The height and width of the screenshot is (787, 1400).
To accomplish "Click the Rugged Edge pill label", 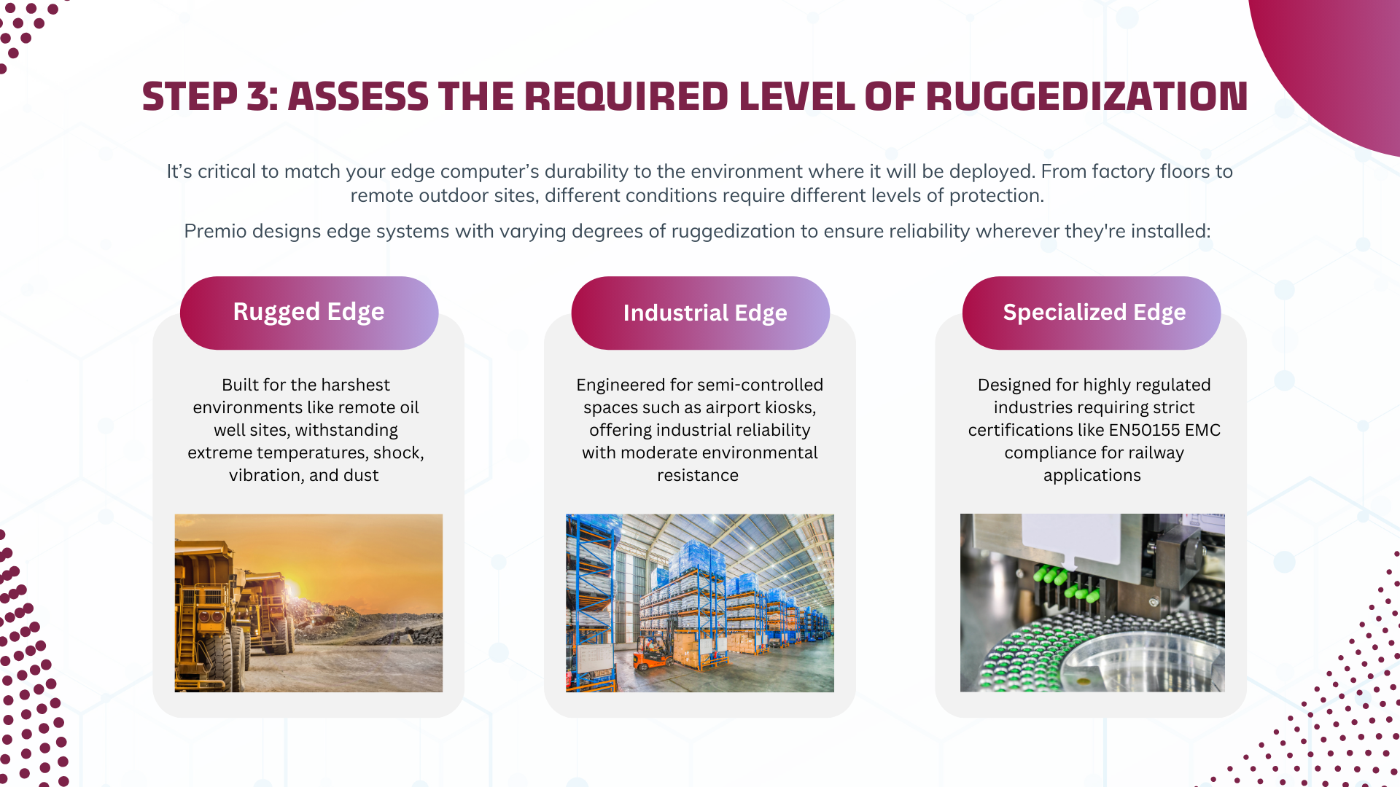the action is pyautogui.click(x=308, y=312).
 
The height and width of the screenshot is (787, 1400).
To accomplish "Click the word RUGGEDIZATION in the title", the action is pyautogui.click(x=1086, y=96).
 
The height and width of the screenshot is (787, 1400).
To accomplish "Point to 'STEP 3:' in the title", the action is pyautogui.click(x=210, y=96).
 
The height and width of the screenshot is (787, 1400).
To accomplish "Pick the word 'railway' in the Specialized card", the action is pyautogui.click(x=1156, y=453).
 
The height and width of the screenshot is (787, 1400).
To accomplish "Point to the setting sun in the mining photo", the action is pyautogui.click(x=295, y=587).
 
